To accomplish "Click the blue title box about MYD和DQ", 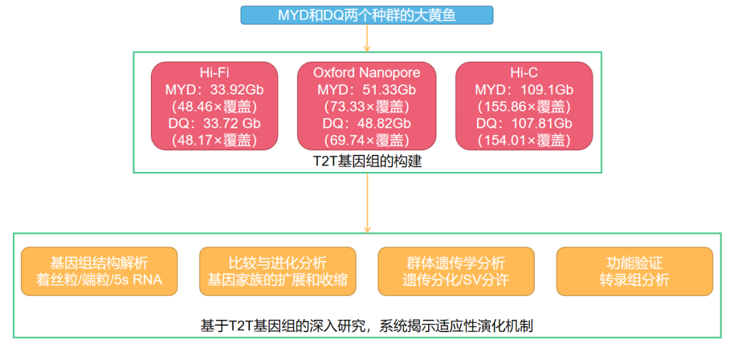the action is pos(367,14).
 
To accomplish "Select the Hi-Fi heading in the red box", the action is pos(214,72).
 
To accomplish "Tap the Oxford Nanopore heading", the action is pos(366,72).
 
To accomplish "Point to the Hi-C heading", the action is pos(524,72).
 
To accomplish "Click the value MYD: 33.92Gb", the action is pos(214,90).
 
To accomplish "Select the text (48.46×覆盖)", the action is pos(214,107).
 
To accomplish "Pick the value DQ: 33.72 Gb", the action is pos(214,124).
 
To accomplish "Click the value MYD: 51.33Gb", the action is pos(366,90).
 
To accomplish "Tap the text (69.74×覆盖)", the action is pos(366,141).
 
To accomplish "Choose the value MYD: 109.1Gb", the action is pos(524,90).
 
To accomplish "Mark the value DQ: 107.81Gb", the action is pos(524,124).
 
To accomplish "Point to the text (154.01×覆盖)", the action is pos(524,141).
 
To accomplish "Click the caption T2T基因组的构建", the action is pos(366,161).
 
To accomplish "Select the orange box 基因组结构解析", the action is pos(99,271).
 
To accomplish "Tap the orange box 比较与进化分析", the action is pos(277,271).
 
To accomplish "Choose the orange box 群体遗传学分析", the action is pos(455,271).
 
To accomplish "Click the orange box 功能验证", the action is pos(634,271).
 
